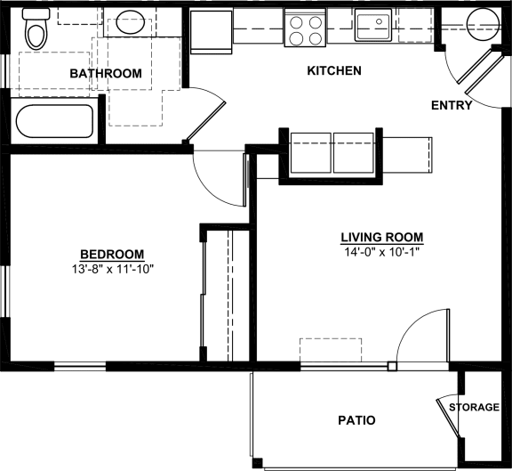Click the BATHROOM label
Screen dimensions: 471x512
(105, 73)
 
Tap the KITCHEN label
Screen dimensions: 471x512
(333, 71)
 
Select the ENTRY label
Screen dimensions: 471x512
(451, 105)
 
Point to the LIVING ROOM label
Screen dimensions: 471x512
(381, 238)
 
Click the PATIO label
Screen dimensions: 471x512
(356, 420)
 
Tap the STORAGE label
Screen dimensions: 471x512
(473, 408)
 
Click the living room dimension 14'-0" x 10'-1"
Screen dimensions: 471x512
(381, 252)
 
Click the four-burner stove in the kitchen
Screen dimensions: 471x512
(304, 28)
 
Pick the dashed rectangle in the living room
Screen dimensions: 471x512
(330, 350)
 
